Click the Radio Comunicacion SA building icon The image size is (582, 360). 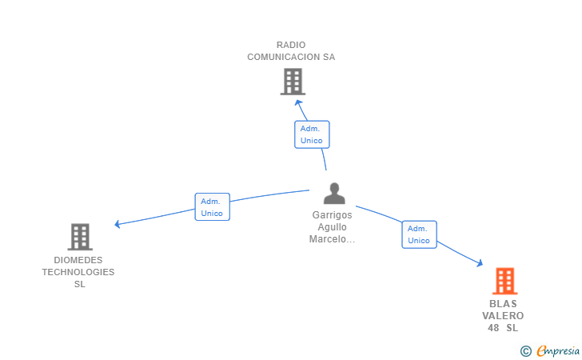293,82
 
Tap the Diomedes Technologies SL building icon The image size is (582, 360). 80,237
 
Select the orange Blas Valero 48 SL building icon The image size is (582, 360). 504,281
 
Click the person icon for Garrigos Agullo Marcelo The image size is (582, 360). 334,193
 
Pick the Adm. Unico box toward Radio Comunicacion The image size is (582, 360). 312,134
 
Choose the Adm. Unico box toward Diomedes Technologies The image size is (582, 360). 213,207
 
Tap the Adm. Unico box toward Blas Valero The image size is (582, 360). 419,234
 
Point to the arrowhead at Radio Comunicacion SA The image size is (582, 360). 298,103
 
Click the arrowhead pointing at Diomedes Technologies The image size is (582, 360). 118,224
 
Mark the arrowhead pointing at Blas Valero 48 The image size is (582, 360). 480,263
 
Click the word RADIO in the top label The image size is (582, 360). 291,45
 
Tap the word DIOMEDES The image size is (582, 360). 78,260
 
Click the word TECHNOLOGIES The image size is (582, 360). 78,272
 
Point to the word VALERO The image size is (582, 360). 503,316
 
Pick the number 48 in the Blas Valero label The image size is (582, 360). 493,328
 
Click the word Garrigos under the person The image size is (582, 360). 333,215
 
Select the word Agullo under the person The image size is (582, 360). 333,227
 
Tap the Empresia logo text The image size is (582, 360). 558,350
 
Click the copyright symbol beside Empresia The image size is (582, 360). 526,351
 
